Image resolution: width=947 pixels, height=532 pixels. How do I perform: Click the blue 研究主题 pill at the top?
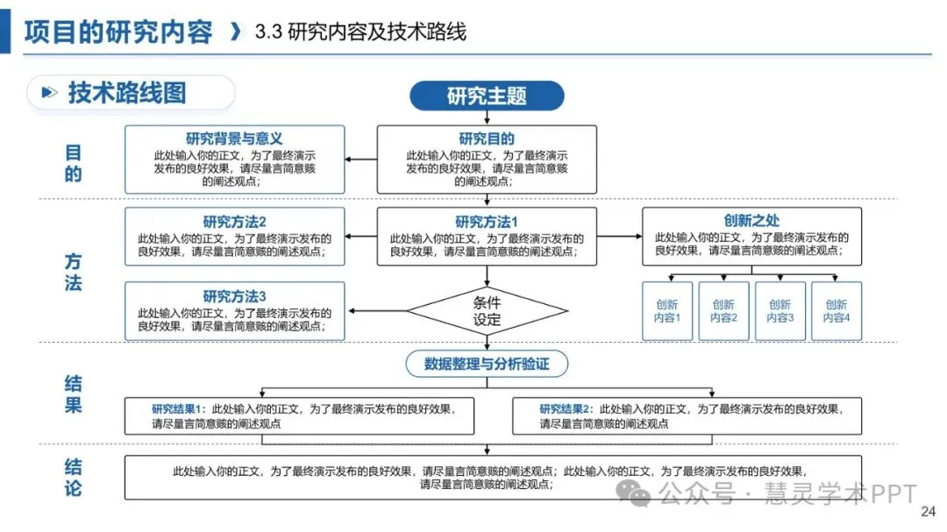487,96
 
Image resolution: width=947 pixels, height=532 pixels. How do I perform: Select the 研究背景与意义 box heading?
234,138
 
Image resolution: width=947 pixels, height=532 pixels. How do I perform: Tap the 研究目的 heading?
487,138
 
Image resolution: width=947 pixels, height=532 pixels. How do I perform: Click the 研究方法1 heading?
487,222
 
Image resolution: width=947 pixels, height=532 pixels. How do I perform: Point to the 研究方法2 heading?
234,222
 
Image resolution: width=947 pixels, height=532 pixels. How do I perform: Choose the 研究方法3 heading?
234,295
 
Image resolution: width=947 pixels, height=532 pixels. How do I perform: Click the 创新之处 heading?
751,221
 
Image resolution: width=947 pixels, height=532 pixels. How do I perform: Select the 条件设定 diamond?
487,311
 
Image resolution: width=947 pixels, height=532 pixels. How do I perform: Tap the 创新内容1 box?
667,311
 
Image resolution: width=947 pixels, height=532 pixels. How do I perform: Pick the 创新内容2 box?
723,311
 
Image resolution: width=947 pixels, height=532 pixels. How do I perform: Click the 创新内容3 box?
780,311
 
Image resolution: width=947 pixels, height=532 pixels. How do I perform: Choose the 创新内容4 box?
836,311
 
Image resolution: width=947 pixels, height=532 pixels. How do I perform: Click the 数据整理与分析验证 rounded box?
487,364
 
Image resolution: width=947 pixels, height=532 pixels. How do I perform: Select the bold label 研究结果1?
177,409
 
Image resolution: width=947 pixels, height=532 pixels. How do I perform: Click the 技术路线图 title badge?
130,93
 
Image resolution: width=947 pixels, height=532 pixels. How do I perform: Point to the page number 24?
927,513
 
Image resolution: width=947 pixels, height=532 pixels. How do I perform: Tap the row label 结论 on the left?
74,477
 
